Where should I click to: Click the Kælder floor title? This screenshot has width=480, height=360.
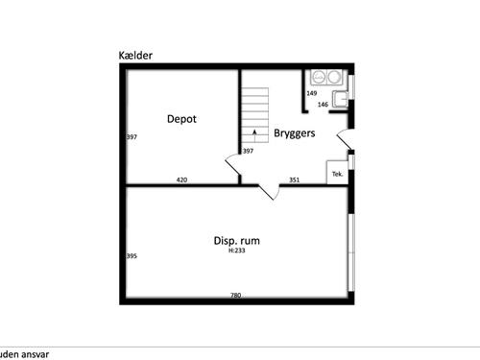point(135,56)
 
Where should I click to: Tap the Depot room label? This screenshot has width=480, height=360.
point(181,119)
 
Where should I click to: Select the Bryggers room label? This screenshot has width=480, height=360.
point(295,133)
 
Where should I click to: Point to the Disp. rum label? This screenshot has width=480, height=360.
point(236,241)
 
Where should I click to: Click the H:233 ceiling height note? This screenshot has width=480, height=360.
point(237,251)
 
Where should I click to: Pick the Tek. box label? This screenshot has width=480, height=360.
point(337,174)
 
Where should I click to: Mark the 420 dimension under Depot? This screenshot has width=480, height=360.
point(181,180)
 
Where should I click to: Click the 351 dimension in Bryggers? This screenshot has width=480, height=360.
point(295,180)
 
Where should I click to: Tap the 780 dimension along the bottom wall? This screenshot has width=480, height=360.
point(235,295)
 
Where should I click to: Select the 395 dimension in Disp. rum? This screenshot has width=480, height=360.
point(132,256)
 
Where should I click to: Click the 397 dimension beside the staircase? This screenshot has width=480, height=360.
point(248,151)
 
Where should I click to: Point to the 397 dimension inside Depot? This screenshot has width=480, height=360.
point(132,137)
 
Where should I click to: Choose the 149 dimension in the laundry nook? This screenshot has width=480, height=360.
point(312,93)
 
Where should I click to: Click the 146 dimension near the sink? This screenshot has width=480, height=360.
point(323,105)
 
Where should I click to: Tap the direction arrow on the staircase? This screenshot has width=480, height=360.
point(254,135)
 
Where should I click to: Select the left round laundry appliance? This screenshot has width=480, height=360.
point(319,77)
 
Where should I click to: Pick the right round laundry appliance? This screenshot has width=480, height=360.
point(334,77)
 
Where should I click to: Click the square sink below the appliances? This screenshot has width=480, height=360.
point(340,99)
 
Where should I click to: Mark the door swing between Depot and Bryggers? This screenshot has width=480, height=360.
point(233,164)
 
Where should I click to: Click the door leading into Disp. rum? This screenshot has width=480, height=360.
point(269,192)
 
